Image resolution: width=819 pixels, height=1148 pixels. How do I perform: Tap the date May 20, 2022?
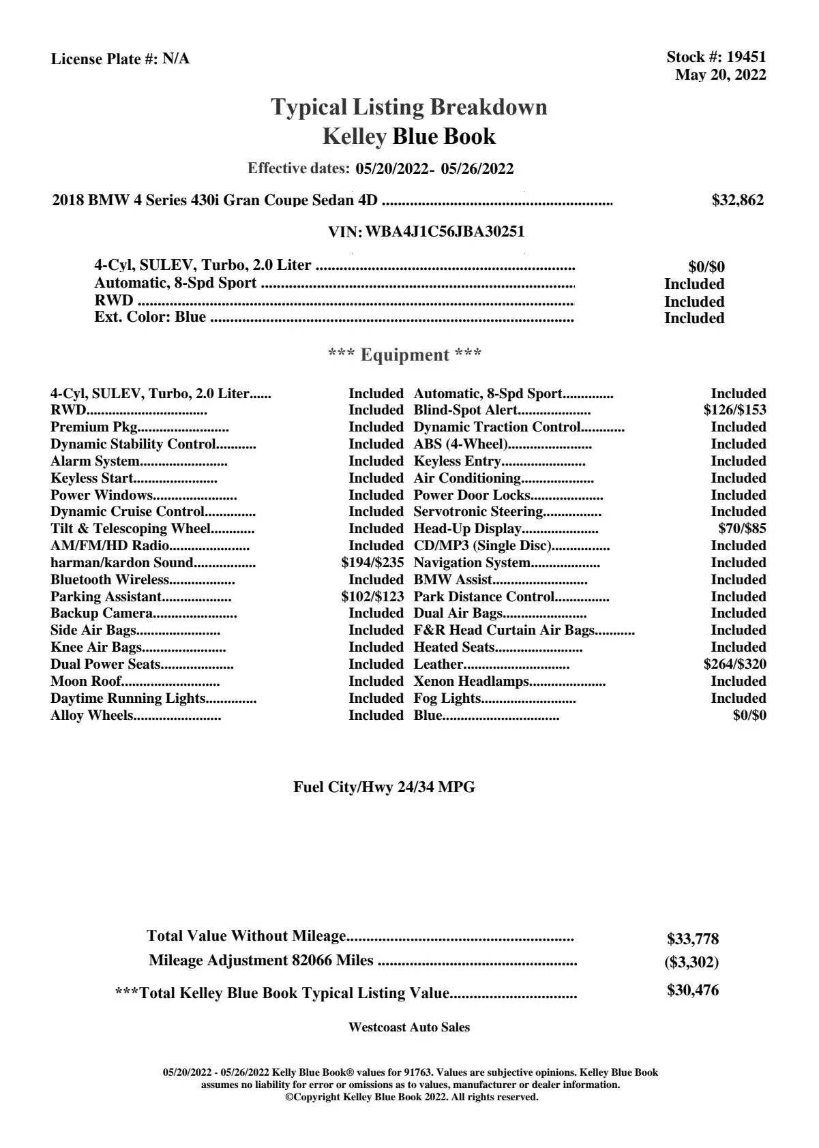click(x=720, y=75)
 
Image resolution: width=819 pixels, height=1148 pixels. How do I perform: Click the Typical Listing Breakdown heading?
click(x=409, y=107)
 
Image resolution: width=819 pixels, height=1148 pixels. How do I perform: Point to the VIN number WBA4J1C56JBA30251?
click(x=445, y=232)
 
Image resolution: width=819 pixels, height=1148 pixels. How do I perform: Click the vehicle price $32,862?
click(x=737, y=200)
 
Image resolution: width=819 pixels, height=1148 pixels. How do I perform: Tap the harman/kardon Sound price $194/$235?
click(x=372, y=563)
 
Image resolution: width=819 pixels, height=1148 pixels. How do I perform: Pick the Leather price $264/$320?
click(x=734, y=665)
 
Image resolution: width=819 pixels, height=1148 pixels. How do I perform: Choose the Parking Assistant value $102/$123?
click(x=372, y=597)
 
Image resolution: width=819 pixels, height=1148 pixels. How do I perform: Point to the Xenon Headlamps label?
click(x=471, y=682)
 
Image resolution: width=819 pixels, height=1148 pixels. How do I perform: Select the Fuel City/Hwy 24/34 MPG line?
click(x=384, y=787)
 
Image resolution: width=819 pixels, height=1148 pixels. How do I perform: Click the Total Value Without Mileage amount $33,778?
click(x=692, y=939)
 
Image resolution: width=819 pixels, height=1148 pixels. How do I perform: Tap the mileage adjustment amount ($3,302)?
click(x=691, y=963)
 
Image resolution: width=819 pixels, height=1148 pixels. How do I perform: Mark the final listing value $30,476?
click(x=692, y=991)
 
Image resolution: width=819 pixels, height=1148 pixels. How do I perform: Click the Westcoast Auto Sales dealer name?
click(x=408, y=1027)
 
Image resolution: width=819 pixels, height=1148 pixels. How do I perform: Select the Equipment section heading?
click(x=404, y=355)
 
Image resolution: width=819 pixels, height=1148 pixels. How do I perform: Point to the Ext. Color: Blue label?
click(x=150, y=317)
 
